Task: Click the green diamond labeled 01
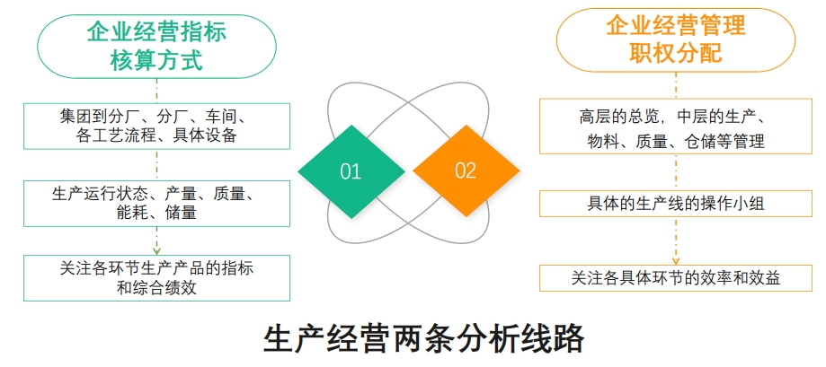(351, 171)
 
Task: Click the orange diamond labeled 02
(466, 170)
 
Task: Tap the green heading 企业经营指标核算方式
(156, 47)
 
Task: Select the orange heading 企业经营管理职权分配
(676, 40)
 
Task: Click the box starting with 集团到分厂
(157, 127)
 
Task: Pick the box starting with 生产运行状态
(157, 204)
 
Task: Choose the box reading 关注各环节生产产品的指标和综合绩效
(157, 278)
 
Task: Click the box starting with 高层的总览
(676, 127)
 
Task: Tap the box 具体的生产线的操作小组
(676, 204)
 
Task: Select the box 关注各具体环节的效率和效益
(676, 278)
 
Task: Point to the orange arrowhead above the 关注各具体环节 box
(676, 261)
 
